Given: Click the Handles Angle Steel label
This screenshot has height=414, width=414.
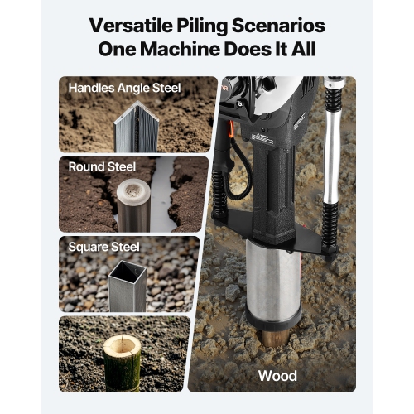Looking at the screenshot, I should click(124, 87).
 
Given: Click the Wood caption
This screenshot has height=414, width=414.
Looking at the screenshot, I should click(277, 376).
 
